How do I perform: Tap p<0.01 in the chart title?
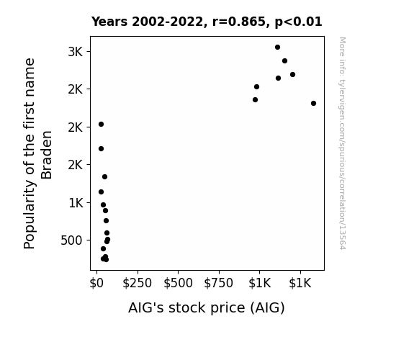point(298,22)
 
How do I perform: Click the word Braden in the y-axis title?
point(47,155)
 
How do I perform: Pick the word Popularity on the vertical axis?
point(29,215)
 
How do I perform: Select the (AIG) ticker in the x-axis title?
point(267,308)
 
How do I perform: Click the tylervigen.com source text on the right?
point(342,143)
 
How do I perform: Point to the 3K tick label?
point(76,52)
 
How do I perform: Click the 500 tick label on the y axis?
point(71,240)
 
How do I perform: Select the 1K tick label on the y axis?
point(76,203)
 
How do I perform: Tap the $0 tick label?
point(96,283)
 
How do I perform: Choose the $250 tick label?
point(138,283)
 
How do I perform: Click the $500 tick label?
point(178,283)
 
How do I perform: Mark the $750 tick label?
point(219,283)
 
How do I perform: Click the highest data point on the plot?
point(277,48)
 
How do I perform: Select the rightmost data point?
point(313,103)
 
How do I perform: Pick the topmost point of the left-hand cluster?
point(101,124)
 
